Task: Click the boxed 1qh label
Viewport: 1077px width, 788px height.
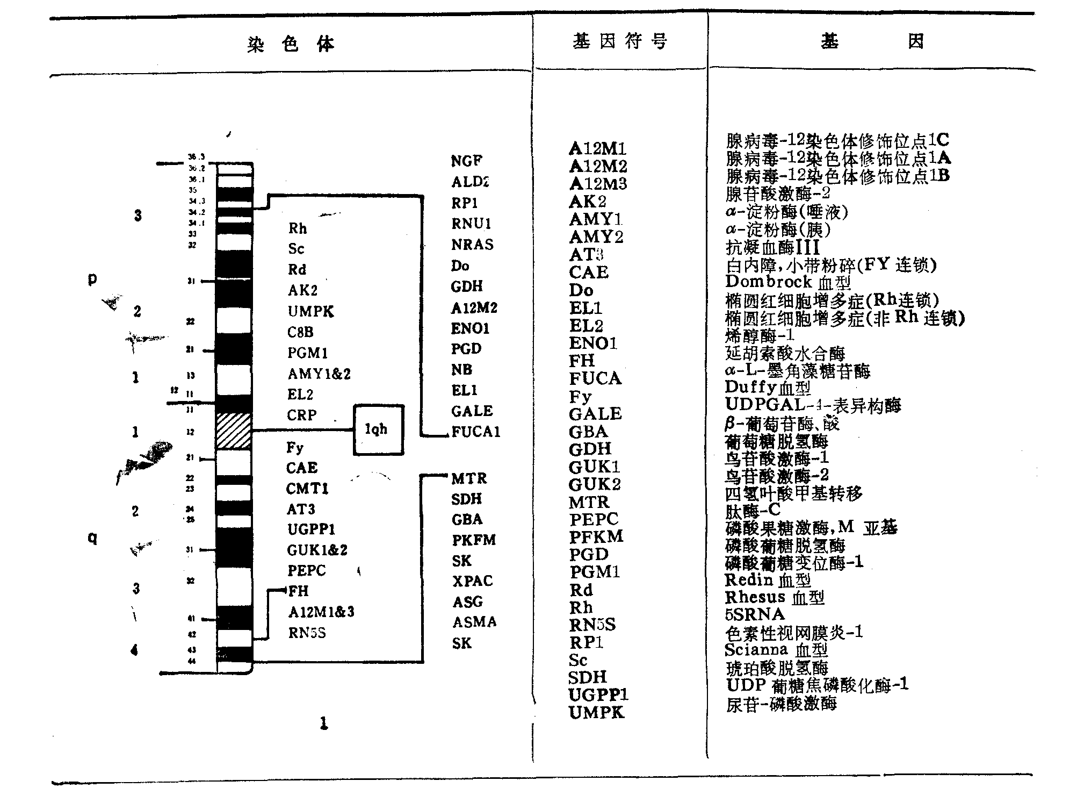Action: tap(377, 429)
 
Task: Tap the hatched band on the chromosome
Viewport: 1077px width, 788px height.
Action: tap(234, 431)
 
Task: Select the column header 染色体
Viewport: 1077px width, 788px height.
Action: tap(291, 44)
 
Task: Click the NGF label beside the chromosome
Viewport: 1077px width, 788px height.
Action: tap(466, 161)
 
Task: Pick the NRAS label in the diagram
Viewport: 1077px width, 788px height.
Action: tap(472, 245)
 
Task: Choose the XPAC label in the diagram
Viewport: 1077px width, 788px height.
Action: tap(472, 581)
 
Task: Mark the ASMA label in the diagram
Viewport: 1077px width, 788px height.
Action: tap(474, 622)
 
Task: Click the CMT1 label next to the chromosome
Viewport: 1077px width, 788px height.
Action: tap(307, 489)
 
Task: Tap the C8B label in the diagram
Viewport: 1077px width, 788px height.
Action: tap(300, 332)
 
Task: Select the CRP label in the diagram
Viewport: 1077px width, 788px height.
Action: tap(302, 415)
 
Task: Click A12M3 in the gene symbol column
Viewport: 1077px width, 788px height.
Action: tap(598, 184)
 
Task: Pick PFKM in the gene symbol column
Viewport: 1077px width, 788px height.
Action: tap(596, 537)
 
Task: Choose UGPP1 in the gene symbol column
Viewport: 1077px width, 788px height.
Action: tap(598, 695)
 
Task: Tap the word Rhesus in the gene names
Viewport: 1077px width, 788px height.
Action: tap(755, 597)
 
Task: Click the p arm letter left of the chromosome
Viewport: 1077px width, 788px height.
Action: tap(92, 278)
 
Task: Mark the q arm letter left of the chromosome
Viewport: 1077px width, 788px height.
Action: tap(92, 538)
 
